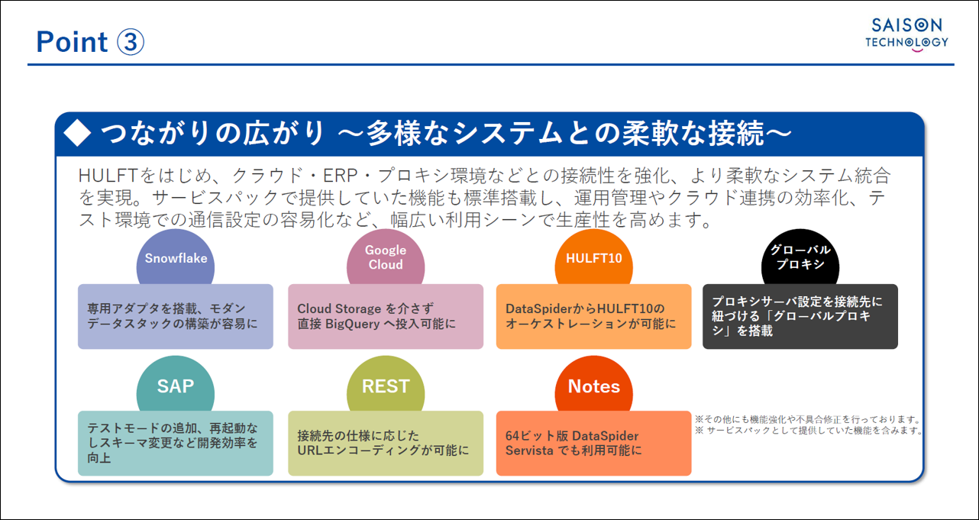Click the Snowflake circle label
click(176, 258)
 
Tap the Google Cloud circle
click(386, 257)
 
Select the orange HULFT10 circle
click(593, 258)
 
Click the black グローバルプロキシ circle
click(800, 257)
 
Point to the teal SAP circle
click(176, 385)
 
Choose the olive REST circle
click(386, 385)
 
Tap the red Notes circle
click(593, 385)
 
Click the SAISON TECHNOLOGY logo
click(907, 35)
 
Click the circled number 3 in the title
click(131, 42)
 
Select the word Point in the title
click(72, 42)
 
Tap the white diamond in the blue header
click(77, 133)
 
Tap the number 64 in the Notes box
click(512, 436)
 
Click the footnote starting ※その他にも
click(808, 419)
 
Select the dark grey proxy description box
click(800, 316)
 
